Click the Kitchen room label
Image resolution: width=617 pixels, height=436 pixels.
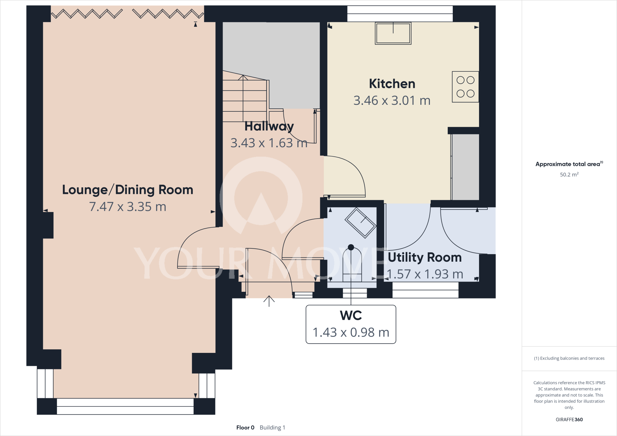pyautogui.click(x=392, y=84)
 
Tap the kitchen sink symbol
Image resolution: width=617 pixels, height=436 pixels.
pyautogui.click(x=393, y=33)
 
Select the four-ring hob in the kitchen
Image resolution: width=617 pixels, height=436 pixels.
pyautogui.click(x=465, y=87)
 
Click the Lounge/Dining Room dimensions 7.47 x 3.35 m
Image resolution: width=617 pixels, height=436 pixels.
pyautogui.click(x=127, y=207)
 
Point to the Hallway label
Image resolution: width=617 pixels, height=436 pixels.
pyautogui.click(x=269, y=126)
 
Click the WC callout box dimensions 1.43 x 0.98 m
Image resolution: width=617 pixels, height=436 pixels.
pyautogui.click(x=351, y=332)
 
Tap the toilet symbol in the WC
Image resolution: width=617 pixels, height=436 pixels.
pyautogui.click(x=352, y=265)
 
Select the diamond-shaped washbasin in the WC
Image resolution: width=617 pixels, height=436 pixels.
pyautogui.click(x=360, y=223)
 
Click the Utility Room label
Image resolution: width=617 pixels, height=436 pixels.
pyautogui.click(x=424, y=257)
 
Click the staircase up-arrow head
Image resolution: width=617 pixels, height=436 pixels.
pyautogui.click(x=243, y=77)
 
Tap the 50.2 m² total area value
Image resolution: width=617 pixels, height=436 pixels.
pyautogui.click(x=569, y=175)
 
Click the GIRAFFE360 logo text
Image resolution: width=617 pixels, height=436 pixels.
pyautogui.click(x=569, y=419)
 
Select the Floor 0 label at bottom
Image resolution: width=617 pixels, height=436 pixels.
pyautogui.click(x=245, y=428)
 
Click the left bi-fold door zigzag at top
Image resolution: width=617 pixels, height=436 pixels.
pyautogui.click(x=87, y=14)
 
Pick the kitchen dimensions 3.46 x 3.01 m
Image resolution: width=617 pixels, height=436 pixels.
pyautogui.click(x=392, y=101)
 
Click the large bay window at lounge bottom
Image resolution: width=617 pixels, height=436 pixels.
pyautogui.click(x=125, y=406)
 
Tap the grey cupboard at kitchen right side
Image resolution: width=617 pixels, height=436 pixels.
pyautogui.click(x=465, y=167)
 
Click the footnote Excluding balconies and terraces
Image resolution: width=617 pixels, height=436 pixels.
pyautogui.click(x=569, y=358)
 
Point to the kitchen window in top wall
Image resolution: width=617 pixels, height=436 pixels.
pyautogui.click(x=400, y=14)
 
